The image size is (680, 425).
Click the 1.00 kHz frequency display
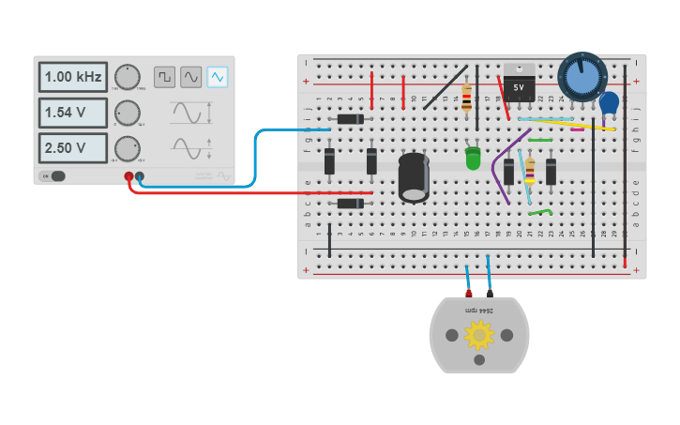click(x=72, y=77)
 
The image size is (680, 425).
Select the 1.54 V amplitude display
click(x=72, y=113)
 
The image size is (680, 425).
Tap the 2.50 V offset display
click(x=72, y=148)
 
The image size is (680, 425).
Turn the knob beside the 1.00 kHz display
click(x=128, y=77)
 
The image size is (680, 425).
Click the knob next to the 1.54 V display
click(x=128, y=113)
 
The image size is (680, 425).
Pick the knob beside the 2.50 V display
click(x=128, y=148)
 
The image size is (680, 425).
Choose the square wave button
click(x=165, y=77)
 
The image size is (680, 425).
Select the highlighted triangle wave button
click(x=218, y=77)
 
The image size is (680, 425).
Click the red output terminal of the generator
click(x=128, y=176)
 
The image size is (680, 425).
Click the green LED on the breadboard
click(x=473, y=159)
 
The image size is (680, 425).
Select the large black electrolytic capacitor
click(x=414, y=176)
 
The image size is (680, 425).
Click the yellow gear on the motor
click(x=479, y=334)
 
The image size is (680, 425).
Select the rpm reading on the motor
click(x=479, y=310)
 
